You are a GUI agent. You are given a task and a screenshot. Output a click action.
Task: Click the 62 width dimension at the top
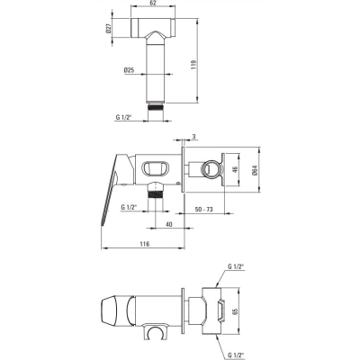click(152, 4)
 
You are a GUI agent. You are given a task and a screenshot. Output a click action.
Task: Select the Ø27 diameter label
click(109, 29)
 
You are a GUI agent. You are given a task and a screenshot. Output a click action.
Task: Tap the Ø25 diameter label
click(129, 70)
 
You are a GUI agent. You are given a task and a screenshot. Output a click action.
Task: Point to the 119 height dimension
click(193, 63)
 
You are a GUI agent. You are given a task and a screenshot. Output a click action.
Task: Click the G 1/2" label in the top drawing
click(123, 117)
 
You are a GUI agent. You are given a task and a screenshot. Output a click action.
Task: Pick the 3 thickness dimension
click(193, 137)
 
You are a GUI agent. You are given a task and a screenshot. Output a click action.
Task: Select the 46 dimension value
click(235, 169)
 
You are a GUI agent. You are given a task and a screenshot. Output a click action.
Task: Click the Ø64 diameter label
click(255, 169)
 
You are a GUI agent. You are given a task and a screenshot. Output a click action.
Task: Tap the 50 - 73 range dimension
click(203, 209)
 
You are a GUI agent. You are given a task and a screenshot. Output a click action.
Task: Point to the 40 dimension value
click(169, 224)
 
